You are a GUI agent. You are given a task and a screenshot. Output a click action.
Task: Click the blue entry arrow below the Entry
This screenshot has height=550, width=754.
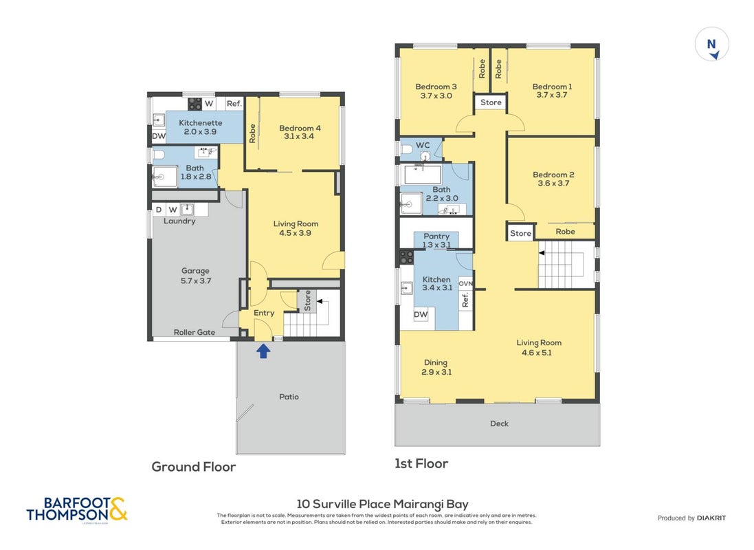[x=263, y=351]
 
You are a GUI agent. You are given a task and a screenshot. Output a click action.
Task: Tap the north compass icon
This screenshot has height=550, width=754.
[x=711, y=44]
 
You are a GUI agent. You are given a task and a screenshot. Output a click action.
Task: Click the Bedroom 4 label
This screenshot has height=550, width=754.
[x=300, y=128]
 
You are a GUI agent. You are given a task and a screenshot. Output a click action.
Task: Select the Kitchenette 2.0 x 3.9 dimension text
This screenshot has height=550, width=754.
[x=200, y=131]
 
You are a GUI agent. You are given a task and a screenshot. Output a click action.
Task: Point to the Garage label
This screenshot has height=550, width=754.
[x=195, y=271]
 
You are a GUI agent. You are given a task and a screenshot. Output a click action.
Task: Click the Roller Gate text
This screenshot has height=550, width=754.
[x=195, y=332]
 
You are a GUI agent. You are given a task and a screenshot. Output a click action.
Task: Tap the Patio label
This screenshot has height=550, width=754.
[x=289, y=397]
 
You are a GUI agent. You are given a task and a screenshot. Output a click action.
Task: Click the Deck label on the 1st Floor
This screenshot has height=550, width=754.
[x=499, y=423]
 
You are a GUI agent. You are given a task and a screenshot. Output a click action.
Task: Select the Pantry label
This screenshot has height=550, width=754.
[x=436, y=236]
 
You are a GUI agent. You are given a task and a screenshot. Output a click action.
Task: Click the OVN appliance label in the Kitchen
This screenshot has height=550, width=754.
[x=465, y=283]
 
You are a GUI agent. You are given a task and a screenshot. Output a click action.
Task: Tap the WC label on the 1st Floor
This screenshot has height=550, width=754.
[x=423, y=145]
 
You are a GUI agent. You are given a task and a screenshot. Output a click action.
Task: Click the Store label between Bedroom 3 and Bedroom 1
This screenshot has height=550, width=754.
[x=491, y=102]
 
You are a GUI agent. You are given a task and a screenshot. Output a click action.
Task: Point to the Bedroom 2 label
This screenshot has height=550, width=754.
[x=553, y=175]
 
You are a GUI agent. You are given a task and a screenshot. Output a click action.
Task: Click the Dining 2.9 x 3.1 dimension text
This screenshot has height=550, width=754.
[x=436, y=372]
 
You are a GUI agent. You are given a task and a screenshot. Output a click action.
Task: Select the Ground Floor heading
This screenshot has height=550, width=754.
[x=193, y=467]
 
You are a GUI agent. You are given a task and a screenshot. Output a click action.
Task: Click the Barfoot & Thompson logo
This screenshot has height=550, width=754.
[x=77, y=509]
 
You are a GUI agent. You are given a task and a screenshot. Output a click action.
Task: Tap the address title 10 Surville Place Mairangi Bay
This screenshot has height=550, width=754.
[x=382, y=504]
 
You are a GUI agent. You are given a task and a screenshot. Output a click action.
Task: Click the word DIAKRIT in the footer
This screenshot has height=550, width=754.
[x=711, y=518]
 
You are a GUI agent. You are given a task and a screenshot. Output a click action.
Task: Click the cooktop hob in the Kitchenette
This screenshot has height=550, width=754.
[x=195, y=103]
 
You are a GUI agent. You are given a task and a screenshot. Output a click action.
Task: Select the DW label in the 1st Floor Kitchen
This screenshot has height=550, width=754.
[x=420, y=314]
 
